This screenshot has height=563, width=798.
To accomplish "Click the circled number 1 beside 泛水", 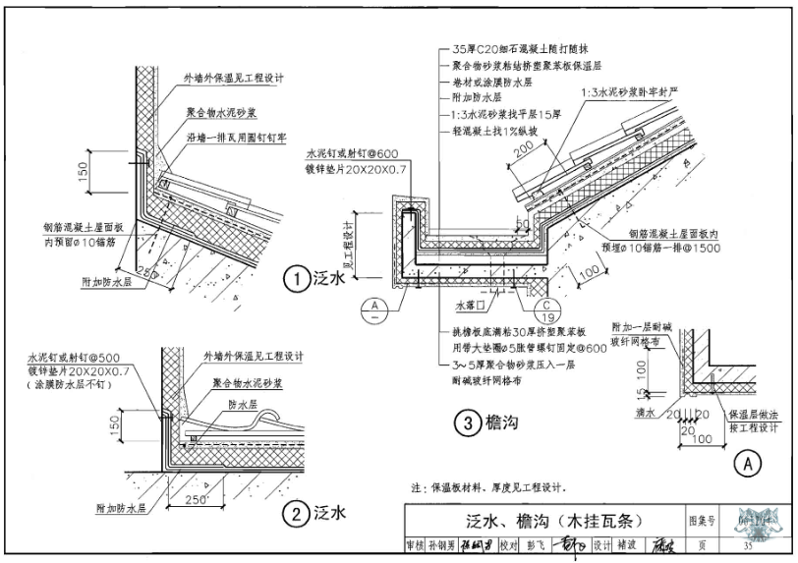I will click(x=295, y=278).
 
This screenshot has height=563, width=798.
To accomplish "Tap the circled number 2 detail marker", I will click(x=295, y=512).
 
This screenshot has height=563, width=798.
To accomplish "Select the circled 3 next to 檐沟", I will click(x=467, y=423).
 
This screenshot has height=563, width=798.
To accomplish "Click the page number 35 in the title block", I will click(x=749, y=546).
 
